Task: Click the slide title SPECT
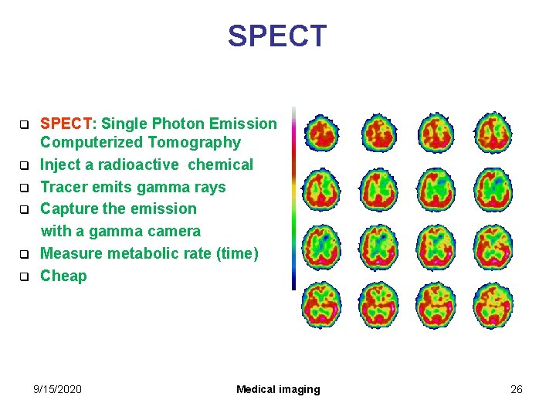(x=277, y=36)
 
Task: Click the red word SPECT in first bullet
(x=66, y=124)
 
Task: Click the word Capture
(x=69, y=208)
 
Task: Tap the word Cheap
(x=63, y=276)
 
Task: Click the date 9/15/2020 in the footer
(x=57, y=389)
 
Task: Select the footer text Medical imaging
(x=278, y=389)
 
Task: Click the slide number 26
(x=517, y=389)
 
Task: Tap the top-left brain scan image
(x=320, y=134)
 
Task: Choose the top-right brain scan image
(x=493, y=134)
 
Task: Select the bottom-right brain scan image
(x=493, y=305)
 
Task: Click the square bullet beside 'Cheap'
(x=24, y=276)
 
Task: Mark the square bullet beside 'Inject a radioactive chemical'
(x=24, y=165)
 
